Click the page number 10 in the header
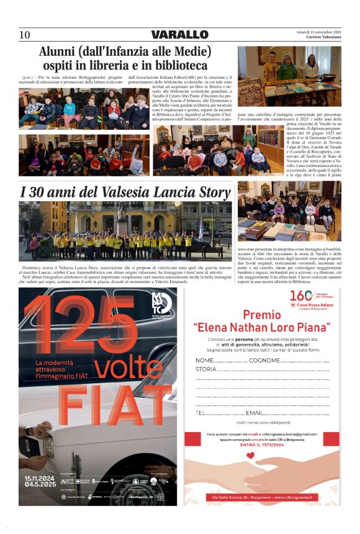click(25, 35)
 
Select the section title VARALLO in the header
click(179, 35)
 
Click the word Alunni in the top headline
click(61, 52)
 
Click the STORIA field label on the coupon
click(206, 369)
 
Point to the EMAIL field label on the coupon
click(255, 412)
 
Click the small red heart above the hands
click(250, 455)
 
